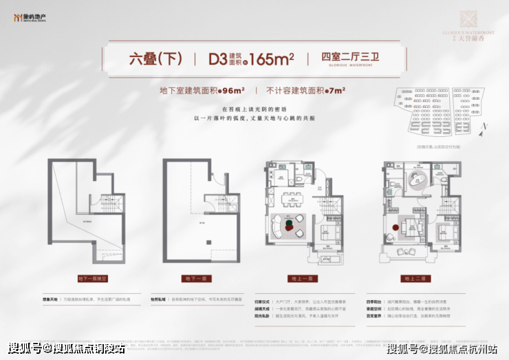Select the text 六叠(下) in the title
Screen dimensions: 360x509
tap(155, 59)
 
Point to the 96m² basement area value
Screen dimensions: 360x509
tap(234, 89)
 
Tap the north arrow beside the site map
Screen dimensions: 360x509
tap(485, 127)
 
